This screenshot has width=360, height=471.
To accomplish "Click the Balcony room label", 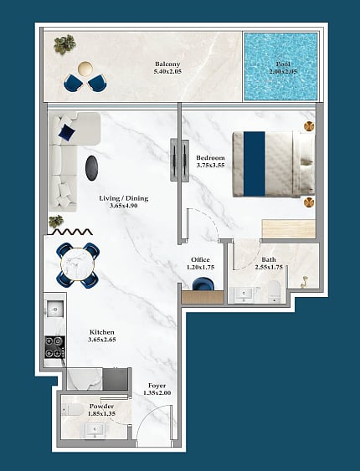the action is [167, 64].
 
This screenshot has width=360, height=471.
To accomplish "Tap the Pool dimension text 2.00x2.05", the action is [283, 71].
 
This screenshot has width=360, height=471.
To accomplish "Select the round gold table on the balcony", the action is [85, 69].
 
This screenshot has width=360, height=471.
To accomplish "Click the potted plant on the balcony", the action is [64, 44].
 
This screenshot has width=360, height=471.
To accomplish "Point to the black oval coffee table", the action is [91, 168].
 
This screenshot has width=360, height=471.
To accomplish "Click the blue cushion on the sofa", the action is [67, 132].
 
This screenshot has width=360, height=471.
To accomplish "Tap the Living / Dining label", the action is [124, 198].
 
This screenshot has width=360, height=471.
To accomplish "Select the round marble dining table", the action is [78, 264].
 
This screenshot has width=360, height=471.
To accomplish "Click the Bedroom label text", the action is [210, 158].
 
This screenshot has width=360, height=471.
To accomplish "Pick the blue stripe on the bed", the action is [255, 164].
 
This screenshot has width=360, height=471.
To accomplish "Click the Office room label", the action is [200, 259].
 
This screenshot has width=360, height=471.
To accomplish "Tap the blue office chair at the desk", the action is [203, 284].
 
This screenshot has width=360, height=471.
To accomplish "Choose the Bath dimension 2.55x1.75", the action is [269, 267].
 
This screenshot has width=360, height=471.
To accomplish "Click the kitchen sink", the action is [55, 309].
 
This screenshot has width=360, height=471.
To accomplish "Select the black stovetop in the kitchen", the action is [54, 347].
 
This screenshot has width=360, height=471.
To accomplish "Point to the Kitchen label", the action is [102, 332].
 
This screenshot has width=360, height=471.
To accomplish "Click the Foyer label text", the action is [157, 386].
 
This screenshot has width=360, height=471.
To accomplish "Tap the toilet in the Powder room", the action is [73, 409].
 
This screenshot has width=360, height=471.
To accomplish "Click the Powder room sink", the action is [95, 430].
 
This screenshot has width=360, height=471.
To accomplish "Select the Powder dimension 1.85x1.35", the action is [101, 413].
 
